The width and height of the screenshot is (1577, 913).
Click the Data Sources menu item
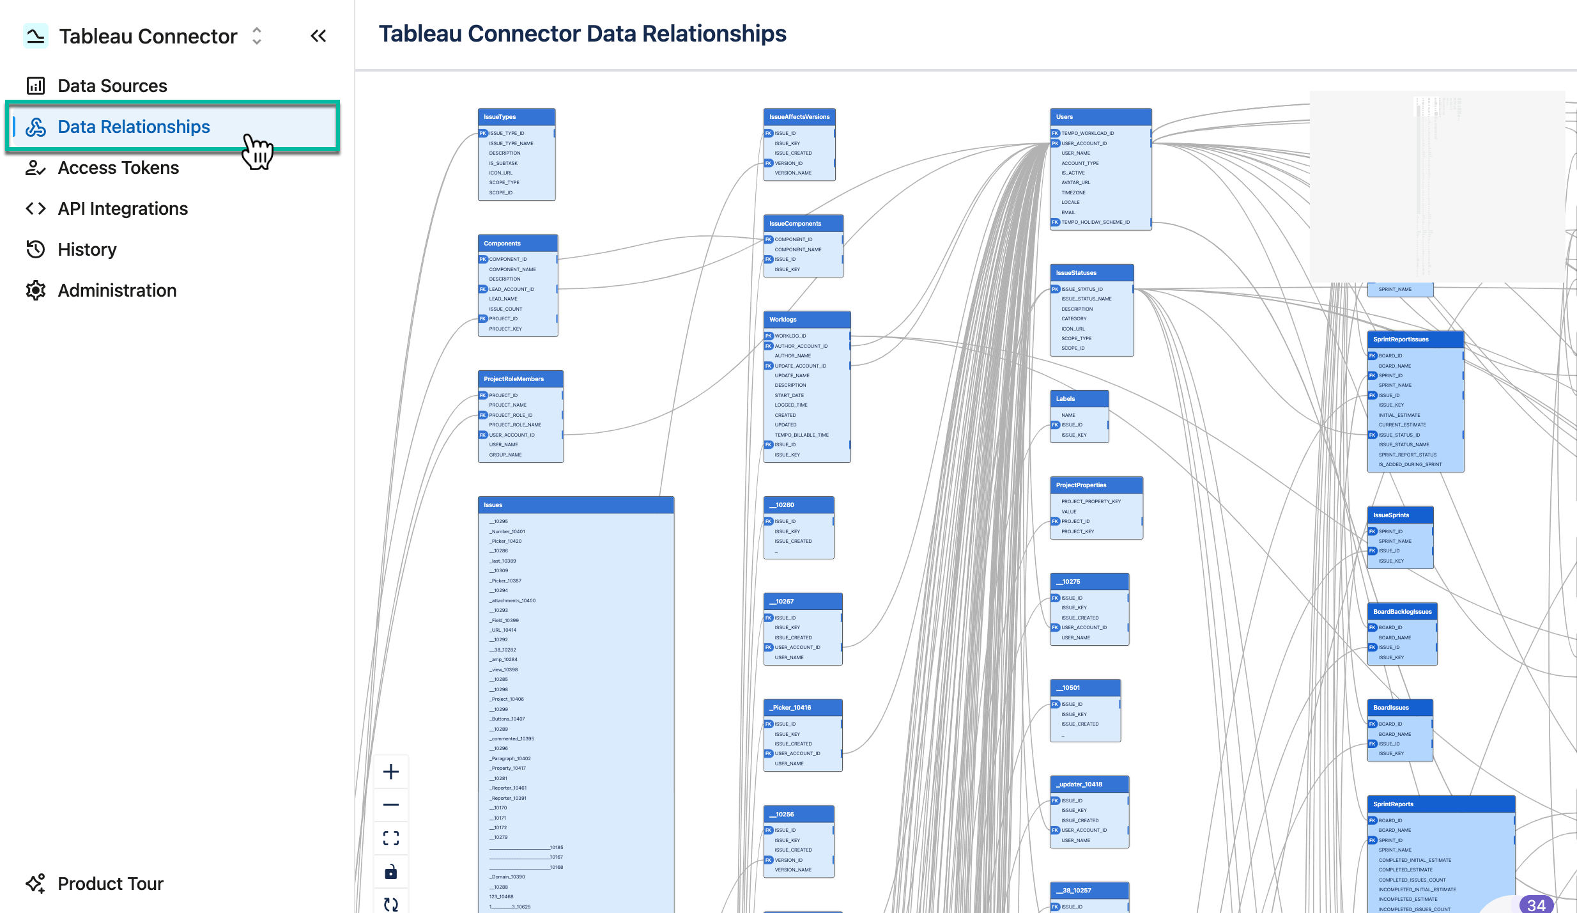point(112,86)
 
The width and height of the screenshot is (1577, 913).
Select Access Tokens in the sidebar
point(118,168)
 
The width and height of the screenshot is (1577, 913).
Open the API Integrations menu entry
point(123,208)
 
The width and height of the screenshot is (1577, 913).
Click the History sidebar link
point(87,249)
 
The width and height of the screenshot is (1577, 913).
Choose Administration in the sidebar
point(117,290)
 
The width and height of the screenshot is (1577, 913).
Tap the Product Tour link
point(110,884)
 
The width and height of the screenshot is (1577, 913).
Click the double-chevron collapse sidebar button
point(318,36)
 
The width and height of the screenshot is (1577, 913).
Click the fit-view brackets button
point(391,838)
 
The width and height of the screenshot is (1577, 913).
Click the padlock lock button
point(391,871)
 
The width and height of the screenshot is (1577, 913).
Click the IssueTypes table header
point(516,117)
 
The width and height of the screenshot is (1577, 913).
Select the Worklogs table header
point(806,319)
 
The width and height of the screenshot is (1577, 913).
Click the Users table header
point(1100,117)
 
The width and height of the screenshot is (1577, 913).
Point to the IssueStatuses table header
point(1091,273)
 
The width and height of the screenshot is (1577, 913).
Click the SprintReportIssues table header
point(1415,339)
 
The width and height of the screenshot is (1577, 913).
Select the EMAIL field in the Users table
point(1068,212)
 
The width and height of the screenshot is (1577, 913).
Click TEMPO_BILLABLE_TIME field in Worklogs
point(801,435)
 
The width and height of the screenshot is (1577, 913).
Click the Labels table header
point(1079,399)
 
